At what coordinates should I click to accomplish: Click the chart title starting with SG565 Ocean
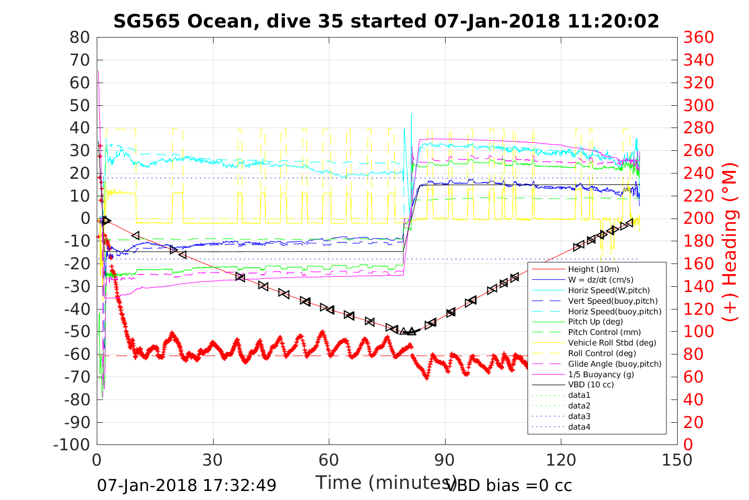386,21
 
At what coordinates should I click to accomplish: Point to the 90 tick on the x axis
445,460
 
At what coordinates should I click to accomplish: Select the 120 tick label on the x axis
561,460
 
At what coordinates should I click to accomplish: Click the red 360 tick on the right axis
698,38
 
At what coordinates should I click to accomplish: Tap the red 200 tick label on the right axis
698,219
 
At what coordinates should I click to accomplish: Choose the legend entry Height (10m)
593,269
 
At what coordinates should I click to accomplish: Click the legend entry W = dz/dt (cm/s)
600,280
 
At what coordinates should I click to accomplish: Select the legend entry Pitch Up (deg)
595,322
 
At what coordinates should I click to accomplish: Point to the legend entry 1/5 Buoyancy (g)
601,374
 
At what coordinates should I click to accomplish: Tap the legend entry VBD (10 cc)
591,385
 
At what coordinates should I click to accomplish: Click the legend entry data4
579,426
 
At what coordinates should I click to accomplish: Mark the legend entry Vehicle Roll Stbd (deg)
612,343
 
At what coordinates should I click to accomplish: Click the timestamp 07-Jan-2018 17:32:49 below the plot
187,485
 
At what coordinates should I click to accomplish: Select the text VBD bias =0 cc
509,485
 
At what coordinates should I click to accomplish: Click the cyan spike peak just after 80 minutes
411,114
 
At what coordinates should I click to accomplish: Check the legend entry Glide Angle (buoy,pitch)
614,363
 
